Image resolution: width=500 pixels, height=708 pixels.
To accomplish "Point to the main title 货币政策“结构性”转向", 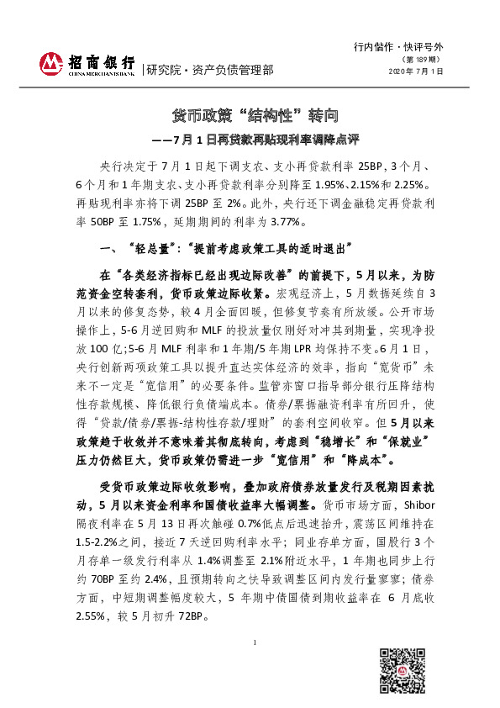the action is click(x=249, y=115).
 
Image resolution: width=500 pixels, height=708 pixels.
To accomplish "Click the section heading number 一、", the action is click(x=112, y=248).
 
